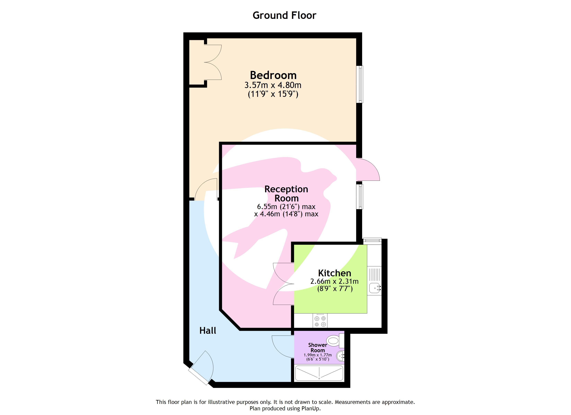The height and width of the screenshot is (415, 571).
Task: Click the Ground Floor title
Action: click(x=284, y=15)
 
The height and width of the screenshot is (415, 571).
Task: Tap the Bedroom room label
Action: click(x=273, y=75)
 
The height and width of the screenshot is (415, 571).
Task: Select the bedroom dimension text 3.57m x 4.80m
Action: click(x=273, y=85)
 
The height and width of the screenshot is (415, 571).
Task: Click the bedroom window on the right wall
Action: click(x=361, y=84)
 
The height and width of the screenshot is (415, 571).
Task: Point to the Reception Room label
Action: click(x=286, y=193)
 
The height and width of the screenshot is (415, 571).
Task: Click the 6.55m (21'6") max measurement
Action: click(x=286, y=207)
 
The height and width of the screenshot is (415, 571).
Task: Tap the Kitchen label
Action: click(x=334, y=273)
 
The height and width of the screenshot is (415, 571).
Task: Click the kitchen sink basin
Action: click(x=375, y=288)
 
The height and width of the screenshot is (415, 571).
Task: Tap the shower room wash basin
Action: click(x=340, y=356)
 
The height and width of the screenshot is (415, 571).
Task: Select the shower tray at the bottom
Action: click(x=319, y=373)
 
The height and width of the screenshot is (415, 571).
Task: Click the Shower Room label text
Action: click(x=318, y=348)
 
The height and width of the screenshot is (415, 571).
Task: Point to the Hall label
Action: click(x=208, y=330)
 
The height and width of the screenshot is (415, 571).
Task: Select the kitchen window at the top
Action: click(x=372, y=240)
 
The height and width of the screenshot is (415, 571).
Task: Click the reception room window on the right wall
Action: click(x=361, y=197)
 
